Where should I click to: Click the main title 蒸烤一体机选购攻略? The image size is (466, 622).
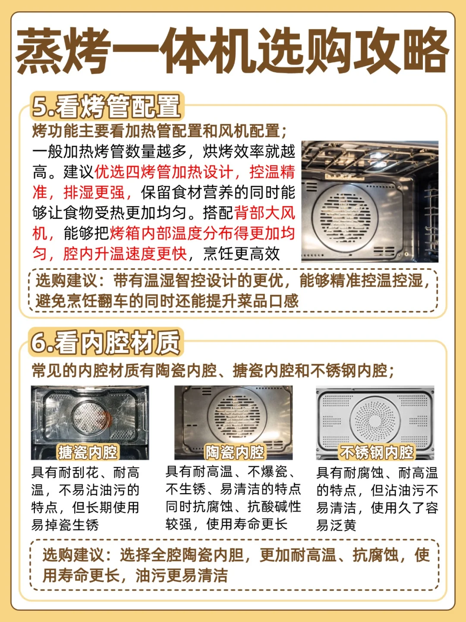232,51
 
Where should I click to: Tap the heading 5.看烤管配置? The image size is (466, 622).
107,106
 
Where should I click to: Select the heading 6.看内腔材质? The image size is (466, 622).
106,342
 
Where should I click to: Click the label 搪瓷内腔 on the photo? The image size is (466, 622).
88,452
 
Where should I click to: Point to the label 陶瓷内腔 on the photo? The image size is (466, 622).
235,452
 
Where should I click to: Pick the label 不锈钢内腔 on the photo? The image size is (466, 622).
376,452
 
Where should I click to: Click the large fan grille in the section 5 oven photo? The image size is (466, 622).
345,218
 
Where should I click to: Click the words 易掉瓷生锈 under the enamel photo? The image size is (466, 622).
65,525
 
